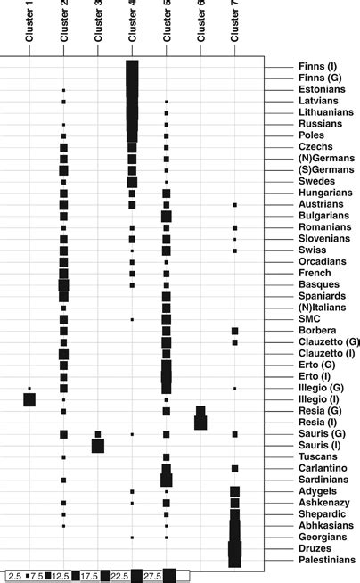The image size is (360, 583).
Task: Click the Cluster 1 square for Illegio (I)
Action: click(29, 399)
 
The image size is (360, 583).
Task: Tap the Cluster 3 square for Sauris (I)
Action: click(98, 445)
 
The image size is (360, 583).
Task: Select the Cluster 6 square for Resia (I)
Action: click(200, 422)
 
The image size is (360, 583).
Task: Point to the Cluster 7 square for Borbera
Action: click(235, 331)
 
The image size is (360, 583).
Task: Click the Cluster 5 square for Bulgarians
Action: click(167, 216)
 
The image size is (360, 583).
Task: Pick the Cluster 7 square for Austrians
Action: click(235, 205)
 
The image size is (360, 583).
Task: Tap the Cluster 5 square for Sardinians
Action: click(167, 480)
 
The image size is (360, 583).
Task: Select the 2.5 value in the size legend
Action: click(14, 575)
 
